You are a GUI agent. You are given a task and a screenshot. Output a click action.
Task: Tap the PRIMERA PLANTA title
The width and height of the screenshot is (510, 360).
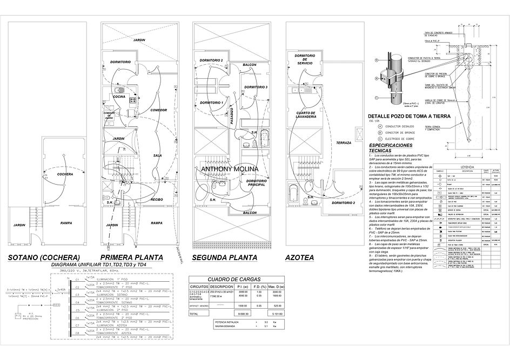pos(133,257)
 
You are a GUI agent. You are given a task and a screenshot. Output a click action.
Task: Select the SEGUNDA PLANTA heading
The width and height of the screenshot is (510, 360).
pos(227,257)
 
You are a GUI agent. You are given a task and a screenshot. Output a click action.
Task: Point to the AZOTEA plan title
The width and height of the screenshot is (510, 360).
pos(300,258)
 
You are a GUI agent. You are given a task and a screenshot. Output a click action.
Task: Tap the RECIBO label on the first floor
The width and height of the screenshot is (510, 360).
pos(157,200)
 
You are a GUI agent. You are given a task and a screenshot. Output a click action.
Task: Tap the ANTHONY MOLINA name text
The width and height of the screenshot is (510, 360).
pos(230,169)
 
